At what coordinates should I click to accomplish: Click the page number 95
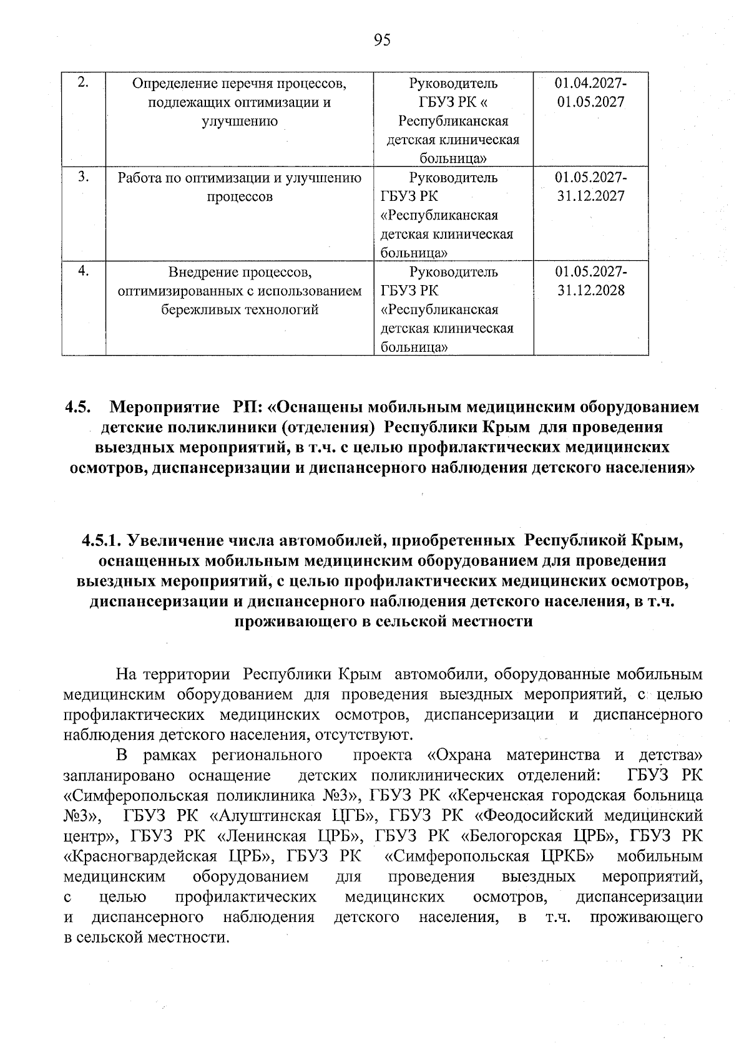click(x=382, y=41)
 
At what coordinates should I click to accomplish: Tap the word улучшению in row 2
click(x=240, y=121)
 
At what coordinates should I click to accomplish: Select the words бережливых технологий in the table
click(x=240, y=310)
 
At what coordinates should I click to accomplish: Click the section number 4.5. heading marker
click(x=78, y=407)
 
